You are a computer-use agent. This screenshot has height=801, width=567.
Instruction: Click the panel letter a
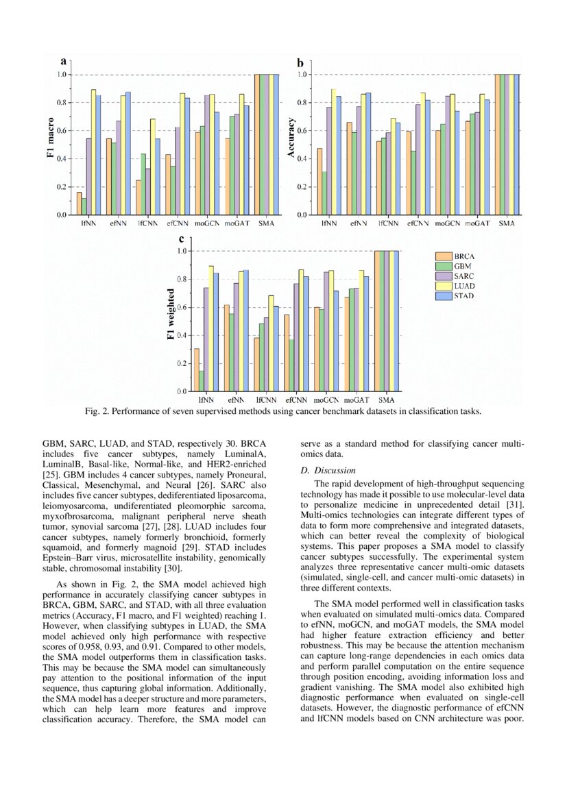coord(63,62)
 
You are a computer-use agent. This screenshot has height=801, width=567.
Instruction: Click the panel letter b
coord(300,62)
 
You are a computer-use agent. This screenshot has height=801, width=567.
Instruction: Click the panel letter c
coord(181,238)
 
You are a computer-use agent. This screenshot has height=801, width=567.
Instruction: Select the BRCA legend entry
coord(463,256)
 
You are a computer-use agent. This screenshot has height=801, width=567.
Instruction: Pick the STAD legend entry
coord(463,296)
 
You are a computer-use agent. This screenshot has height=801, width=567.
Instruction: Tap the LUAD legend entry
coord(463,286)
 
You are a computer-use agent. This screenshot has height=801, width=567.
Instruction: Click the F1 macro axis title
coord(51,145)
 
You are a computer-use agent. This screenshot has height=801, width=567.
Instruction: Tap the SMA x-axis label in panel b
coord(507,224)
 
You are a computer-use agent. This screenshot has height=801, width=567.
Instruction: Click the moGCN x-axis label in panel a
coord(207,224)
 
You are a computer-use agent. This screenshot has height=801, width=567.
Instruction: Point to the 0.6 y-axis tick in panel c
coord(182,307)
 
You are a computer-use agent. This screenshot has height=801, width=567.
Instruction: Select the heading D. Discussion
coord(328,471)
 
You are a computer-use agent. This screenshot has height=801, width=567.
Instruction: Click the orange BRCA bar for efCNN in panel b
coord(408,173)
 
